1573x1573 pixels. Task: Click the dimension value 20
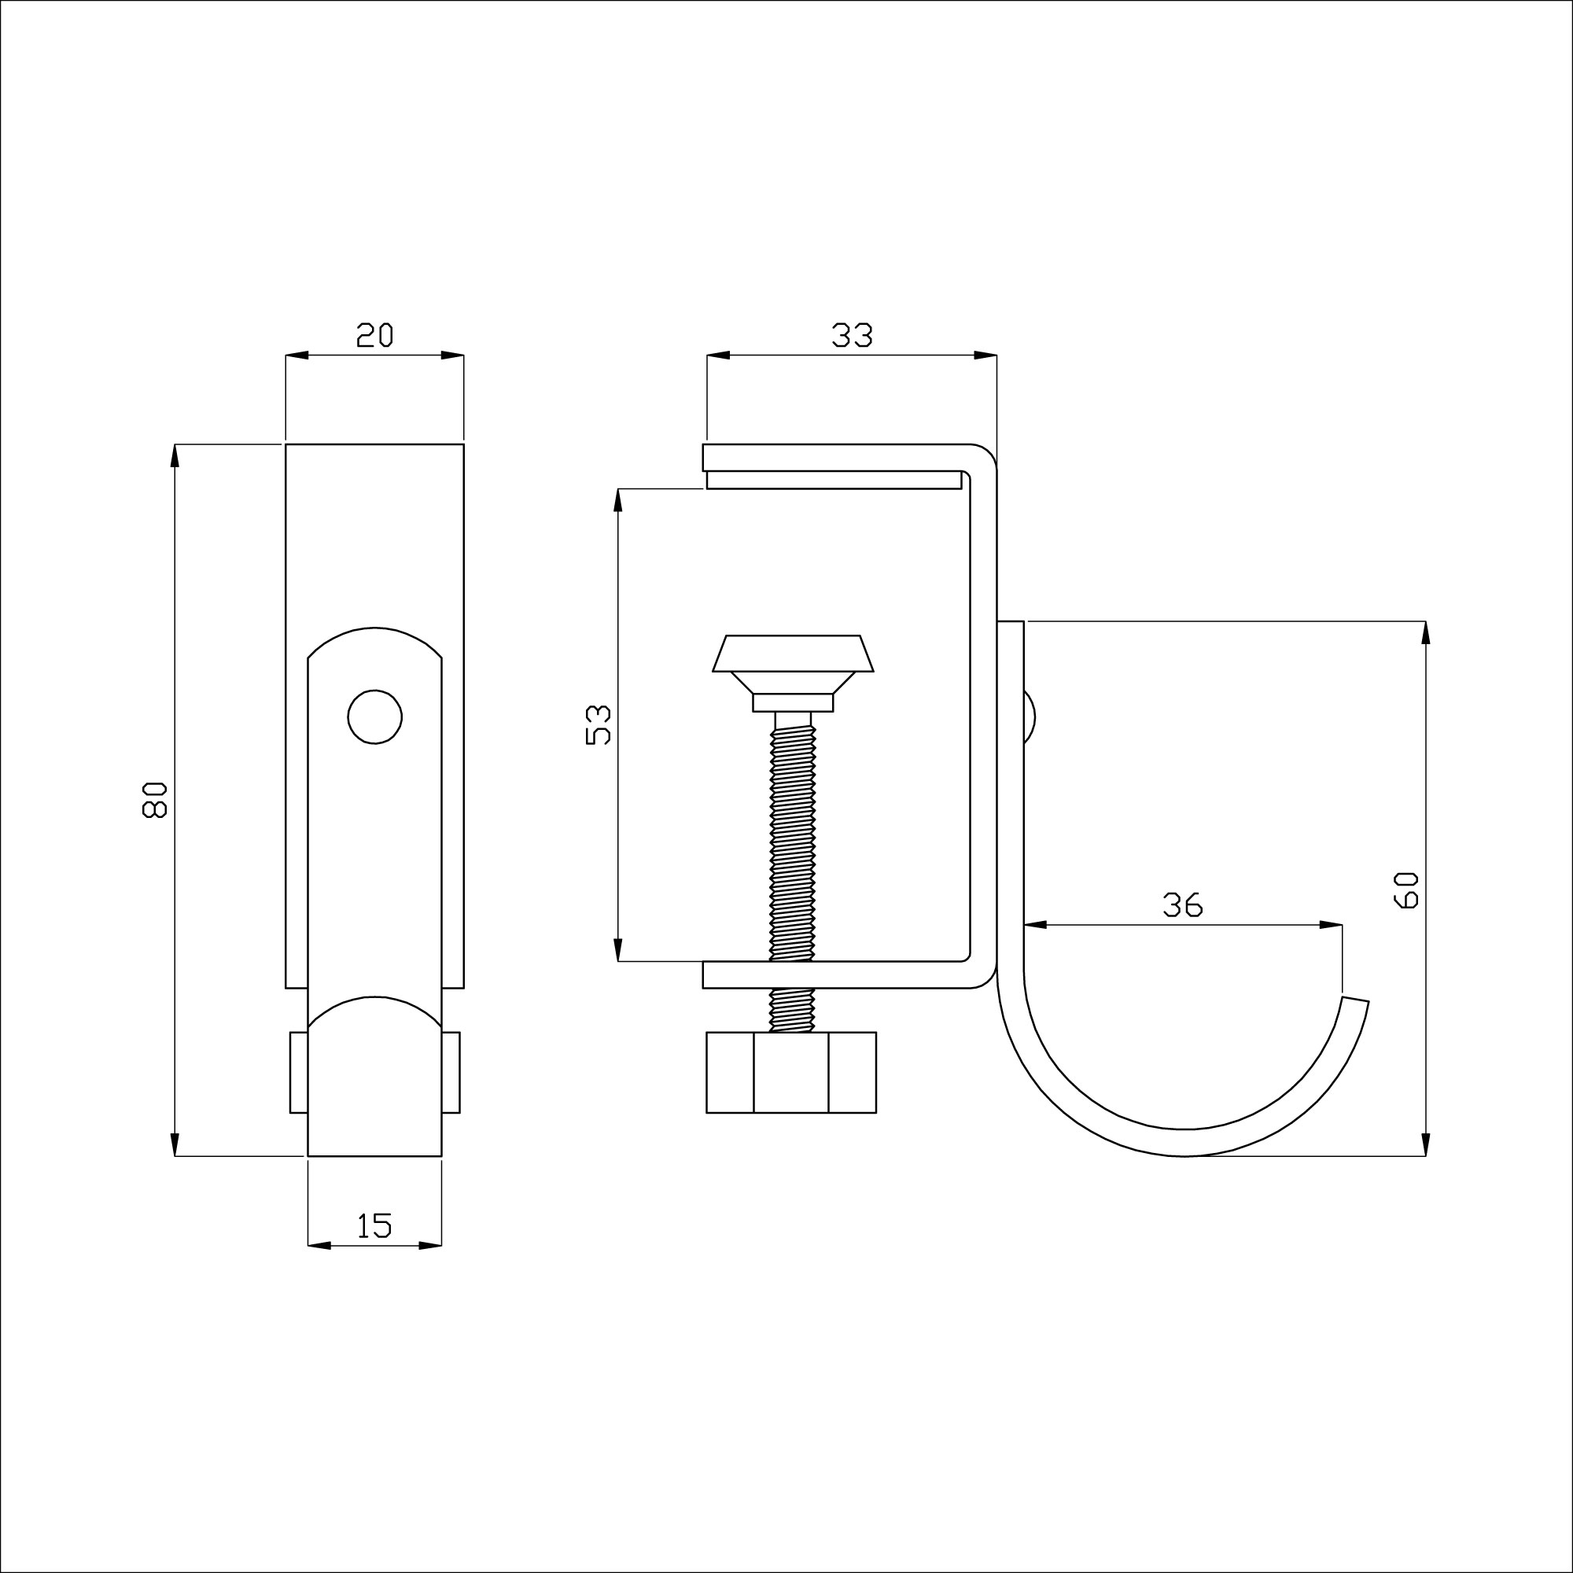(374, 334)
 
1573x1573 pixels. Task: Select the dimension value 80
(154, 800)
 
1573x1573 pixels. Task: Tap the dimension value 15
(374, 1225)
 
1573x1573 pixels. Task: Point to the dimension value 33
(852, 334)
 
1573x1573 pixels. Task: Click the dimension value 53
(599, 724)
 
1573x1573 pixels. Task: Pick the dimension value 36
(1182, 904)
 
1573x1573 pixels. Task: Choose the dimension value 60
(1407, 890)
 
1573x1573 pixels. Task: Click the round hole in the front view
(374, 717)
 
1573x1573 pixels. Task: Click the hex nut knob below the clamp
(790, 1072)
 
